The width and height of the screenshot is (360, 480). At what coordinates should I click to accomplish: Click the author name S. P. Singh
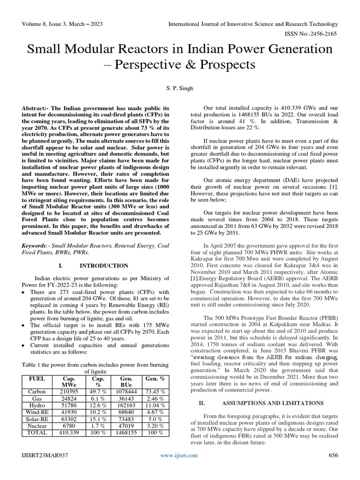(x=180, y=88)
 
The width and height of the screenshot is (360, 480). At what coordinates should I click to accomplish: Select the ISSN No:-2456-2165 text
(x=312, y=33)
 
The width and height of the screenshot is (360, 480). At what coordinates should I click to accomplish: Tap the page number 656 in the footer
(x=333, y=455)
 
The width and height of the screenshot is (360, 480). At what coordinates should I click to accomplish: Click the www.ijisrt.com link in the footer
(x=179, y=455)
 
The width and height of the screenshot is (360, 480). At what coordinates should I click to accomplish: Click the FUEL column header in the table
(x=37, y=378)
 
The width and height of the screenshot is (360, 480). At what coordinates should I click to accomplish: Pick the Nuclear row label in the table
(x=37, y=426)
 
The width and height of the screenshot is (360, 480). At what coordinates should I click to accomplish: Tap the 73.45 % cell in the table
(x=155, y=391)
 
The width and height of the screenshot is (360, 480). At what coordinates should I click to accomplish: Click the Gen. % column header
(x=155, y=378)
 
